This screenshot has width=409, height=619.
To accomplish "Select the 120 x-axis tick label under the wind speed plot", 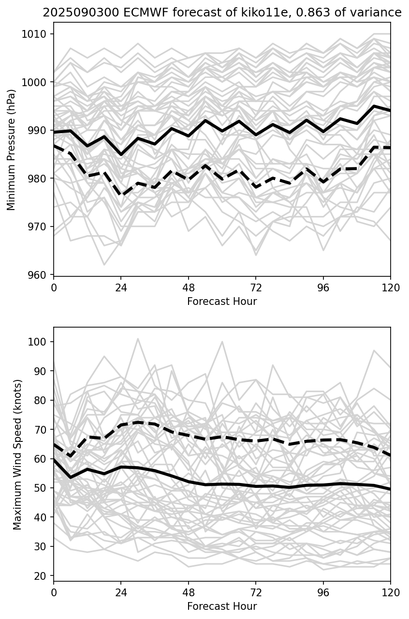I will (391, 592).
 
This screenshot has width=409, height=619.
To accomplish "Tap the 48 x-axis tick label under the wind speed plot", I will (189, 592).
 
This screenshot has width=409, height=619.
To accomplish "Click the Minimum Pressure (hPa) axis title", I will (12, 150).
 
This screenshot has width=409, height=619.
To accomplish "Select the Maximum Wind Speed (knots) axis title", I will (17, 454).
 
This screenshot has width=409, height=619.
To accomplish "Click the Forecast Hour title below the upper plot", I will (222, 302).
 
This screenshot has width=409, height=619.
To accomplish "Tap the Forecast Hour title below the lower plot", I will (222, 606).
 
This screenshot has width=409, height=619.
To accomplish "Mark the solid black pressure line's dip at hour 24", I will (121, 154).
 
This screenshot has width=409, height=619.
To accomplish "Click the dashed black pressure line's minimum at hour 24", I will (121, 195).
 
